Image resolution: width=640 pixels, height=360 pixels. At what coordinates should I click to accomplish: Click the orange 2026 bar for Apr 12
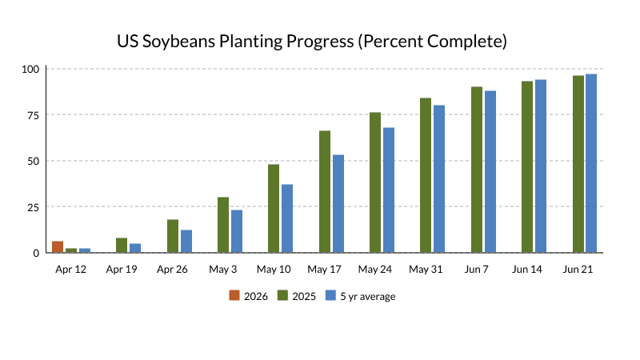pos(58,247)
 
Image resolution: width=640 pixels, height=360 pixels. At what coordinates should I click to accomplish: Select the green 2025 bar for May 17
pos(325,192)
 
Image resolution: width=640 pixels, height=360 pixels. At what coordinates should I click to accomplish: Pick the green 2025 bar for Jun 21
pos(578,164)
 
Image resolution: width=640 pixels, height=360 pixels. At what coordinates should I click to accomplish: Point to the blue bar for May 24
pos(389,190)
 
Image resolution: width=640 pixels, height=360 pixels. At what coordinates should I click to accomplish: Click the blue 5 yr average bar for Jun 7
pos(490,172)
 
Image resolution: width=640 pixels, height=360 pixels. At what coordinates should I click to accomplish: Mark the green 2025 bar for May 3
pos(223,225)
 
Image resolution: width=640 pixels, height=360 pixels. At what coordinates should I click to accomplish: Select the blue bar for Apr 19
pos(135,248)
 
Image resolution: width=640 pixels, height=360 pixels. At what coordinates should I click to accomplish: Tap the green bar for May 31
pos(426,175)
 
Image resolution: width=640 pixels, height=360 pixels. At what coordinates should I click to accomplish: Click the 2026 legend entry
pos(248,296)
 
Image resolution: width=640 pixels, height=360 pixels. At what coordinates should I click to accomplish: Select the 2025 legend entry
pos(296,296)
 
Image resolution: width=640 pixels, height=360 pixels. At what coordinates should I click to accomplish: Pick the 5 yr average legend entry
pos(360,296)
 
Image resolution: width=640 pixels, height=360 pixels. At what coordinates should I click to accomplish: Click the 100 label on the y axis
pos(30,69)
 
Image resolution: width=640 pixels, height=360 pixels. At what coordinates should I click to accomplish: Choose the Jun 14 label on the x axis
pos(527,269)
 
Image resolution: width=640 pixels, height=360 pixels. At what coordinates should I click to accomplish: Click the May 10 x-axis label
pos(274,269)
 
